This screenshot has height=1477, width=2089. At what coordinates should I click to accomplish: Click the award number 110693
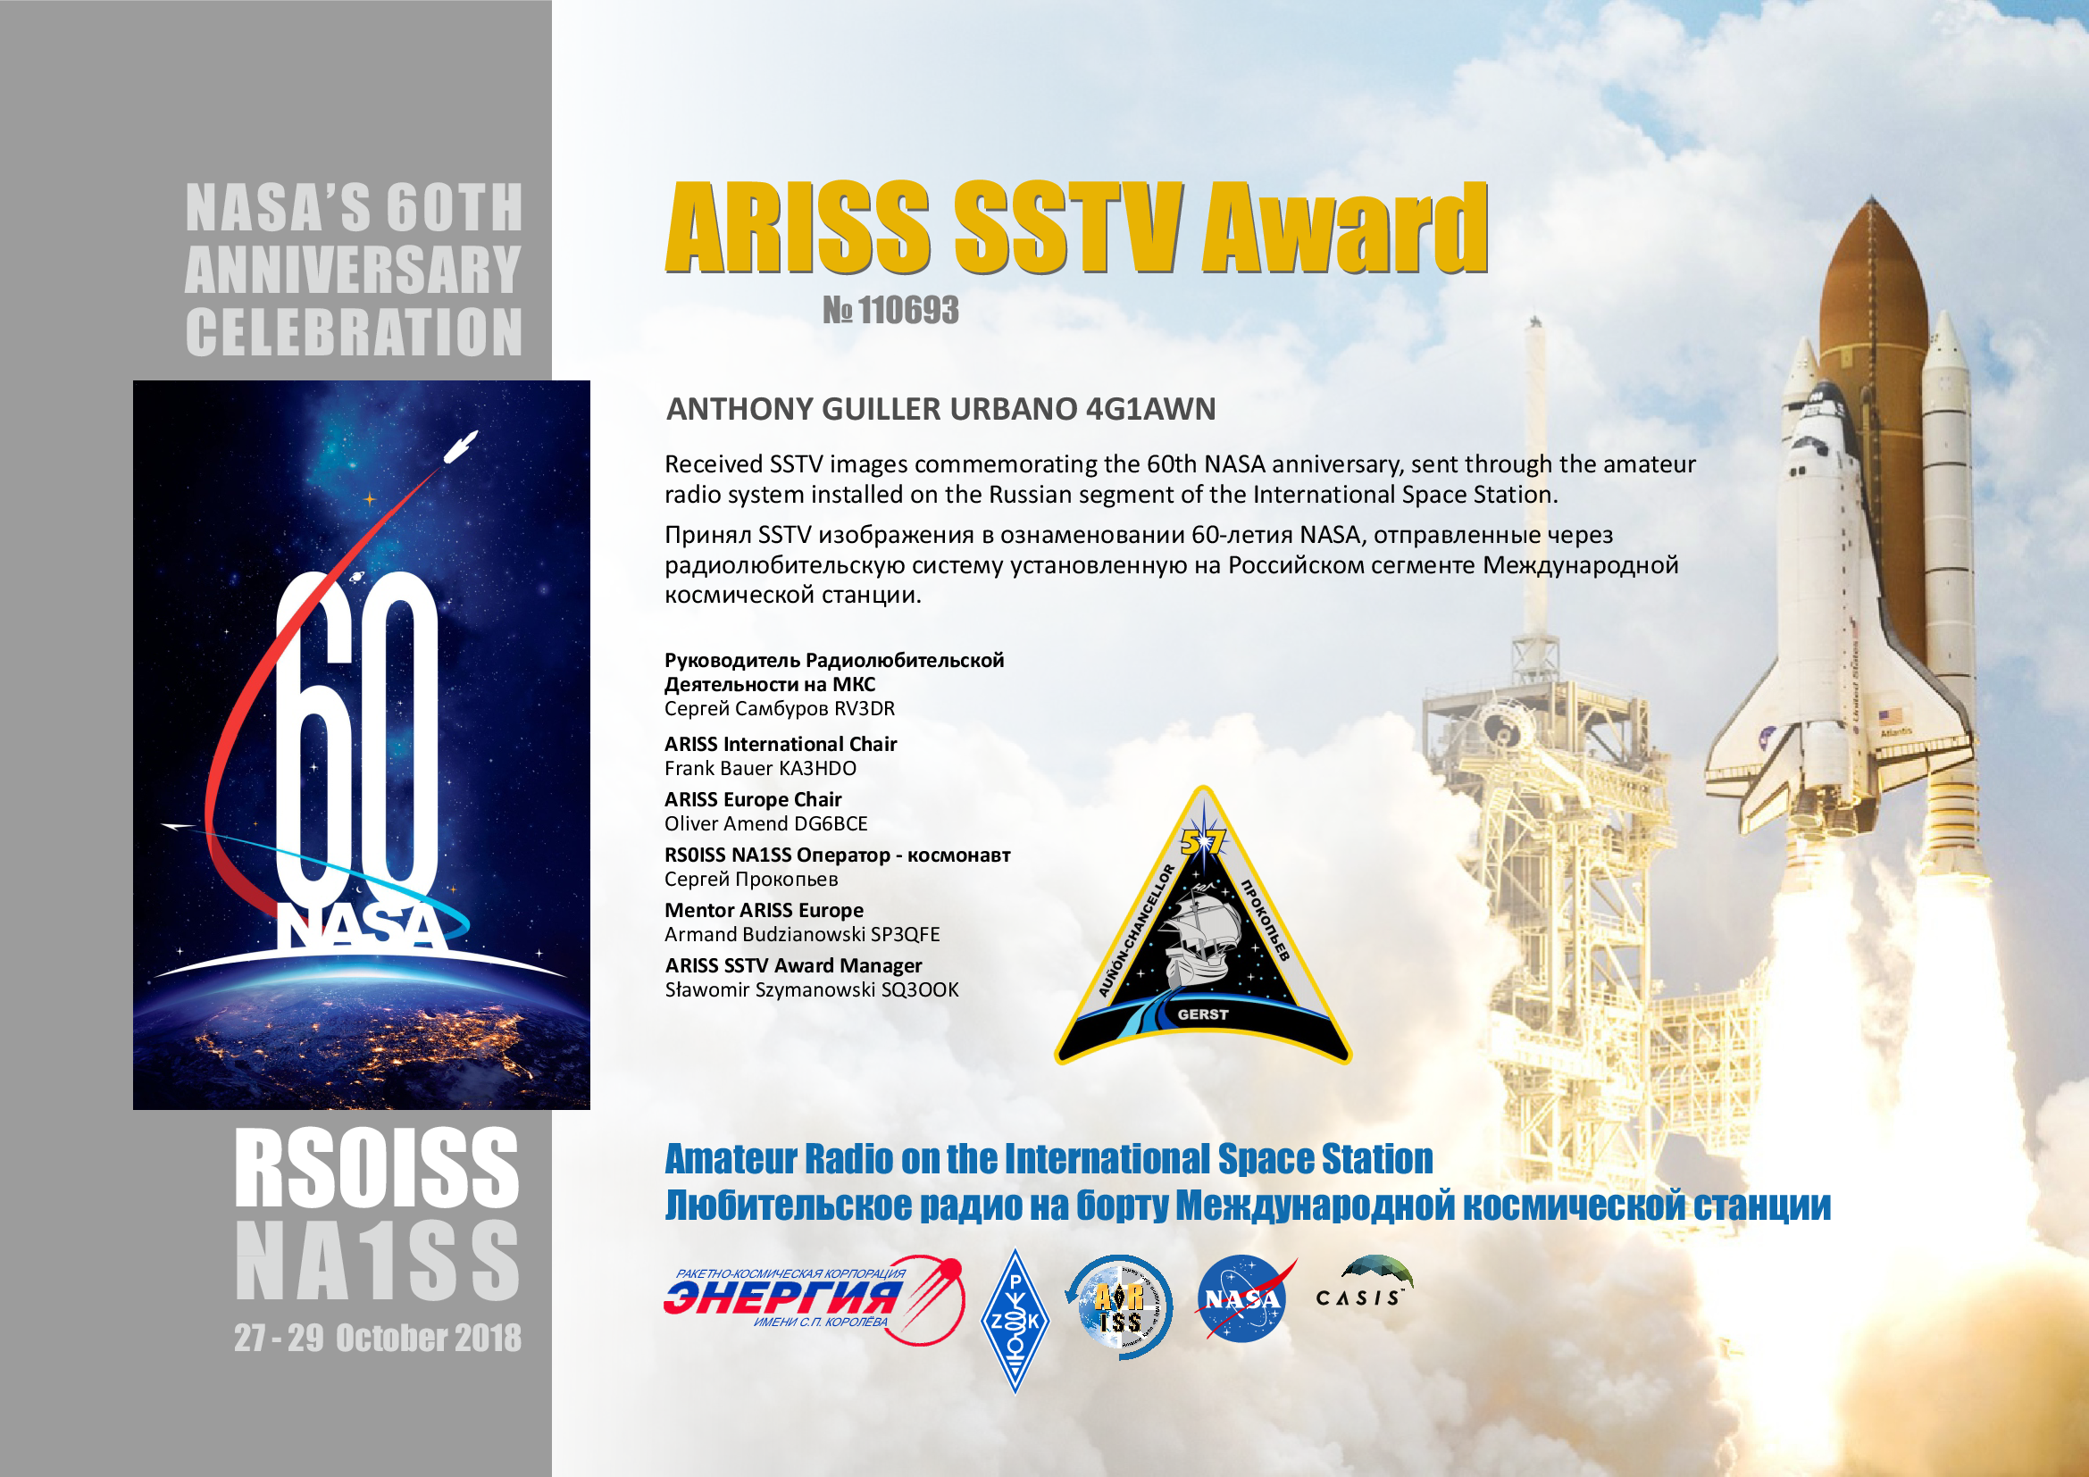coord(908,311)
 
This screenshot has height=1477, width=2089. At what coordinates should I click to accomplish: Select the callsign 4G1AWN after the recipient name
coord(1151,409)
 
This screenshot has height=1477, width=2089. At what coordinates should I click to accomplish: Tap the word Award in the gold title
coord(1345,228)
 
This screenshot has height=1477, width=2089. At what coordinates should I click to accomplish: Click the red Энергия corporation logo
coord(814,1300)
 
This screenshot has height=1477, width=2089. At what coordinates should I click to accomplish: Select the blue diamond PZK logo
coord(1015,1321)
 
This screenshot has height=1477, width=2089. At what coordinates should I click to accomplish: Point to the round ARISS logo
coord(1119,1307)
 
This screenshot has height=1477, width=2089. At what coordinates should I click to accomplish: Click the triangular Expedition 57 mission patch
coord(1203,928)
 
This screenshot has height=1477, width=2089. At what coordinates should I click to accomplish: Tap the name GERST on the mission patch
coord(1203,1015)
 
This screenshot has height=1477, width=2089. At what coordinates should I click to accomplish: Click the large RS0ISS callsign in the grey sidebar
coord(377,1168)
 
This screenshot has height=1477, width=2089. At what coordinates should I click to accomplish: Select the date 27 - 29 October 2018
coord(378,1338)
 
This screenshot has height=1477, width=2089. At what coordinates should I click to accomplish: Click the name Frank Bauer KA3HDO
coord(760,769)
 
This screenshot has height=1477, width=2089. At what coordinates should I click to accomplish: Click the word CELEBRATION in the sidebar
coord(354,332)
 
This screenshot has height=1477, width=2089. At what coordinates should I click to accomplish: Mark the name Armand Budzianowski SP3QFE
coord(801,934)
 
